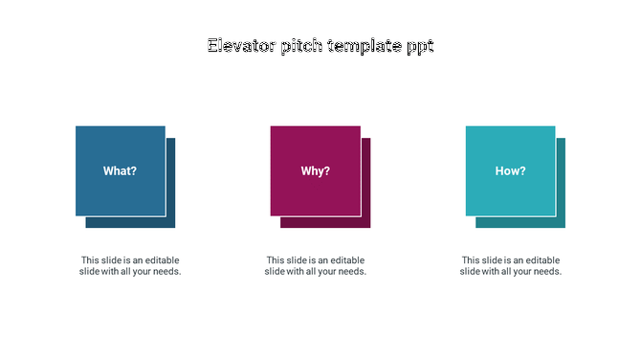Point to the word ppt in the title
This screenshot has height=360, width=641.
[420, 47]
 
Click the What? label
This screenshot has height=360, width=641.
[120, 171]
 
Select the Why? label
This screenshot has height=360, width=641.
[316, 171]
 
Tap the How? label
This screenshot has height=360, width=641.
[510, 171]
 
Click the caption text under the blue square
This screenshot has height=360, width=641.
[130, 266]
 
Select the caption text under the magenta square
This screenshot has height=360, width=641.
[316, 266]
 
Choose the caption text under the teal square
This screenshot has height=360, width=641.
[511, 266]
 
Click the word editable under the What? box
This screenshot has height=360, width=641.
[161, 260]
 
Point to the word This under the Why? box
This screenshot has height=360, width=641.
[276, 260]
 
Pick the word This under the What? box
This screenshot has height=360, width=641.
[90, 260]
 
